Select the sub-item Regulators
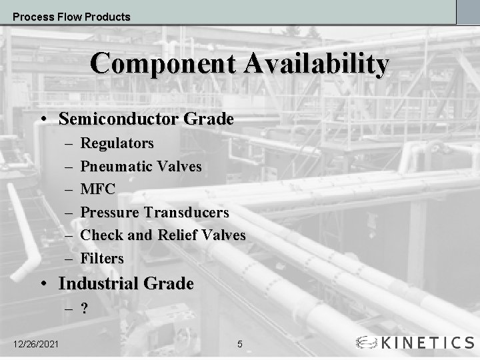pos(117,143)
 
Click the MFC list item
pos(98,189)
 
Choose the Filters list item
pos(102,258)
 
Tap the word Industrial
pos(97,283)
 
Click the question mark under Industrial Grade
pos(85,309)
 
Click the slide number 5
pos(240,344)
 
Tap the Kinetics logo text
pos(427,343)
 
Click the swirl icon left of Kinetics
pos(367,343)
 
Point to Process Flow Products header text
pos(71,17)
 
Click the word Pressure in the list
pos(110,213)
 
